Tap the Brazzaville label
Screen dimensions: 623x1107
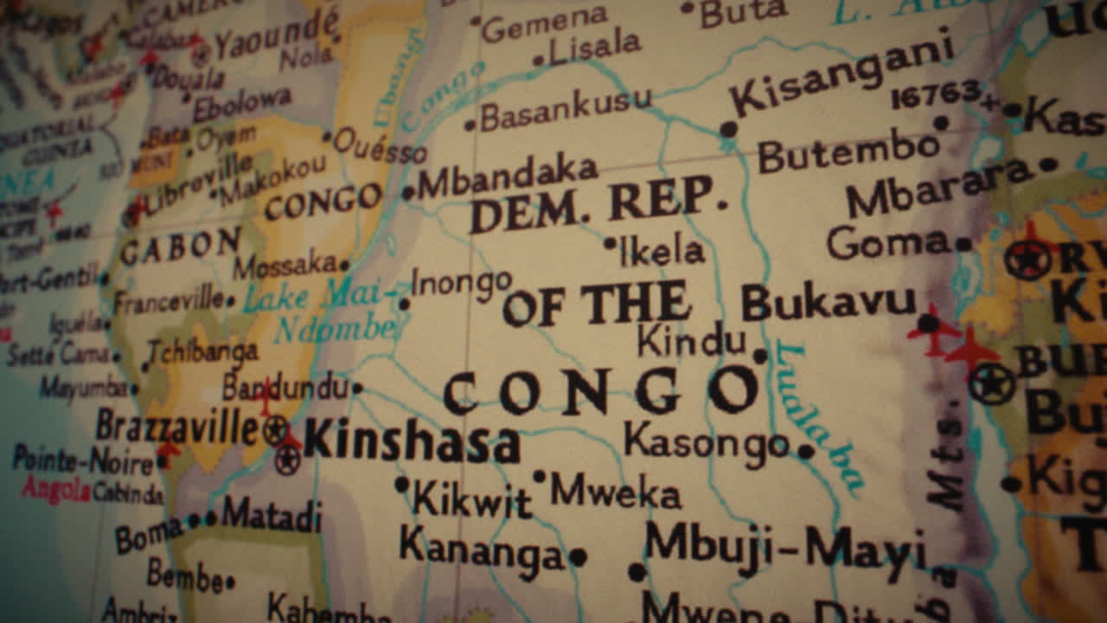click(x=176, y=427)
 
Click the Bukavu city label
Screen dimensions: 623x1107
click(x=829, y=303)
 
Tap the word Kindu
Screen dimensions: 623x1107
click(x=691, y=340)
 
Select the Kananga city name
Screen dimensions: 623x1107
click(x=482, y=549)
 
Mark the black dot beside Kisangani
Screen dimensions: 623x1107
click(x=729, y=129)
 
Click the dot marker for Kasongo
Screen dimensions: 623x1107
click(x=805, y=451)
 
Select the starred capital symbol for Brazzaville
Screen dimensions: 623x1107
click(x=275, y=429)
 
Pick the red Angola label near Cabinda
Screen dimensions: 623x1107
click(x=55, y=489)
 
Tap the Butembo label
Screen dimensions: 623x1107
click(x=848, y=152)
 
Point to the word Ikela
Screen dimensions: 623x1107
click(x=662, y=251)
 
